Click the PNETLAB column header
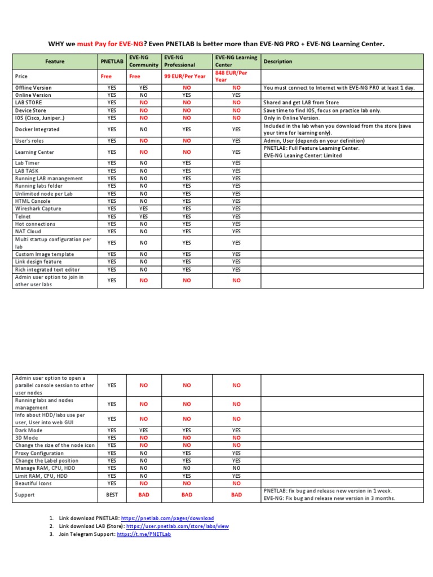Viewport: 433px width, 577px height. (112, 61)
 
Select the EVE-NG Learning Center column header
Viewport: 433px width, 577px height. (236, 61)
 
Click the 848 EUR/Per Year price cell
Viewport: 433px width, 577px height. (231, 76)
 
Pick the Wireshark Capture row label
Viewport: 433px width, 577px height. (38, 208)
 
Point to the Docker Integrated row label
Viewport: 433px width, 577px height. (37, 129)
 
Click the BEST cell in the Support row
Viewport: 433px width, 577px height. (112, 495)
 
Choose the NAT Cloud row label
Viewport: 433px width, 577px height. (28, 232)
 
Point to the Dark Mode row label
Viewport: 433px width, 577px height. (29, 430)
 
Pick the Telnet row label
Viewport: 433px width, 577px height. (23, 216)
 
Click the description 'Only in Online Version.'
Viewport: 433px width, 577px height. (291, 118)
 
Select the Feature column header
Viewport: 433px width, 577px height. (55, 61)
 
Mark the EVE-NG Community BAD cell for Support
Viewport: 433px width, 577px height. (143, 495)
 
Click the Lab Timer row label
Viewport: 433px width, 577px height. (28, 163)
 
